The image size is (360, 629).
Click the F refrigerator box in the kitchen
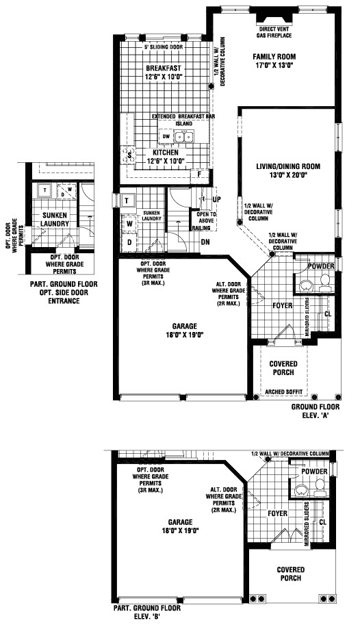199,174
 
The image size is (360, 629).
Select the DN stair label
205,242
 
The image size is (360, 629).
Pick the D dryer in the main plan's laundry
129,242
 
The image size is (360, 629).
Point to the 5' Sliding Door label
164,47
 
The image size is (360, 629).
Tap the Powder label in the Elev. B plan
314,472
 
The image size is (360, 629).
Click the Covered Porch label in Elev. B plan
290,574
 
